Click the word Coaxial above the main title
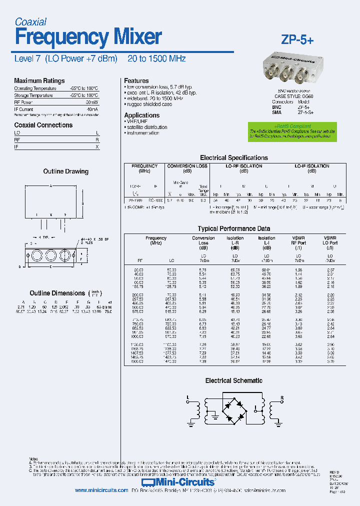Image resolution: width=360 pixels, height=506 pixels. click(30, 21)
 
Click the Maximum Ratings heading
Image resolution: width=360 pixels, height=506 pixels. click(39, 80)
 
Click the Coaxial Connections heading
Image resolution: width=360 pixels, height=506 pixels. click(43, 125)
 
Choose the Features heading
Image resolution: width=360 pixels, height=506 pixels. click(136, 80)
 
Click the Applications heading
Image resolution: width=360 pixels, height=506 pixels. click(141, 115)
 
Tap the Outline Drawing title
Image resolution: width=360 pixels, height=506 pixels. click(65, 171)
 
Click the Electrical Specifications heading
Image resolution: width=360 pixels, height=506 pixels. click(233, 157)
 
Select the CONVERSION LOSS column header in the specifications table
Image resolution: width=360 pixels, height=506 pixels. click(187, 166)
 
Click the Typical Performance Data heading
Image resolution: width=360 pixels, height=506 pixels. click(233, 229)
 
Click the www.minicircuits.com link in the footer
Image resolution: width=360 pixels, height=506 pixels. click(101, 490)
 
